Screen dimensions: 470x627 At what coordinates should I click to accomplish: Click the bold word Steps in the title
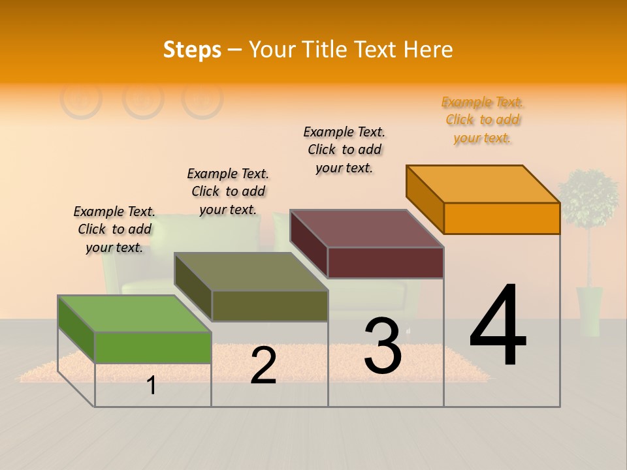[192, 50]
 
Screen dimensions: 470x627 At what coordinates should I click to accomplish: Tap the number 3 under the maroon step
[382, 346]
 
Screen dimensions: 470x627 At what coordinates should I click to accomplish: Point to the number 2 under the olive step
[263, 366]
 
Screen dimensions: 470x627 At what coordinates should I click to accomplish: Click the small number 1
[152, 386]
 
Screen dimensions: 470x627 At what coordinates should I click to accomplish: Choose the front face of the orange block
[502, 218]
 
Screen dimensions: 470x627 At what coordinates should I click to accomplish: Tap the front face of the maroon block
[385, 262]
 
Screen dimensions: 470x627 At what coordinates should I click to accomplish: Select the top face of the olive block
[251, 272]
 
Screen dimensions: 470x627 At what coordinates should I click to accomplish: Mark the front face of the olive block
[270, 305]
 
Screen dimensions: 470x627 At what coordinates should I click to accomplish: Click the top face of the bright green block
[135, 314]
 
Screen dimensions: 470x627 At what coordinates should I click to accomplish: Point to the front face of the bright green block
[153, 347]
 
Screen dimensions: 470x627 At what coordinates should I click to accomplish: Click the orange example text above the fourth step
[483, 120]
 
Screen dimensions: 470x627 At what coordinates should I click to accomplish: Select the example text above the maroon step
[344, 149]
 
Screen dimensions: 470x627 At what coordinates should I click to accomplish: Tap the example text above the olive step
[228, 191]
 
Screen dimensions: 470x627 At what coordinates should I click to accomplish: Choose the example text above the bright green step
[114, 229]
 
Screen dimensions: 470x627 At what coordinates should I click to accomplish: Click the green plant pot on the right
[589, 311]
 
